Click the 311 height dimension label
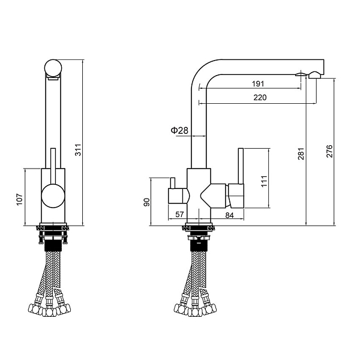click(78, 150)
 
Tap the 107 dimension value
click(20, 200)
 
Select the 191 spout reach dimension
click(258, 84)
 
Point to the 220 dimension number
click(260, 98)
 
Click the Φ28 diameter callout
click(179, 131)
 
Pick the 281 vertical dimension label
click(301, 154)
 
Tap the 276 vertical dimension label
click(329, 151)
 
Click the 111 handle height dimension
click(264, 181)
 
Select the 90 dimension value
click(147, 202)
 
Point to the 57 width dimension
click(179, 214)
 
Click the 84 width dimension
click(229, 215)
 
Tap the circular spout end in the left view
click(53, 68)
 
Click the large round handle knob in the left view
click(53, 196)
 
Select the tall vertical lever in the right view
click(241, 166)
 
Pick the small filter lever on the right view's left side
click(172, 183)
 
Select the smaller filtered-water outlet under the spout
click(301, 74)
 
